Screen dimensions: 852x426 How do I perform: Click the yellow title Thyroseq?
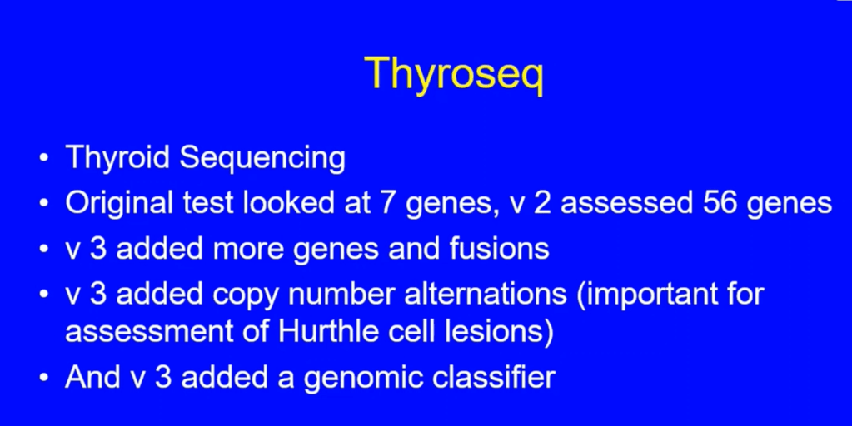[x=454, y=74]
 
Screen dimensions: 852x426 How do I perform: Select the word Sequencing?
[x=262, y=158]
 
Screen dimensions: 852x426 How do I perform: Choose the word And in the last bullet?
[x=92, y=377]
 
